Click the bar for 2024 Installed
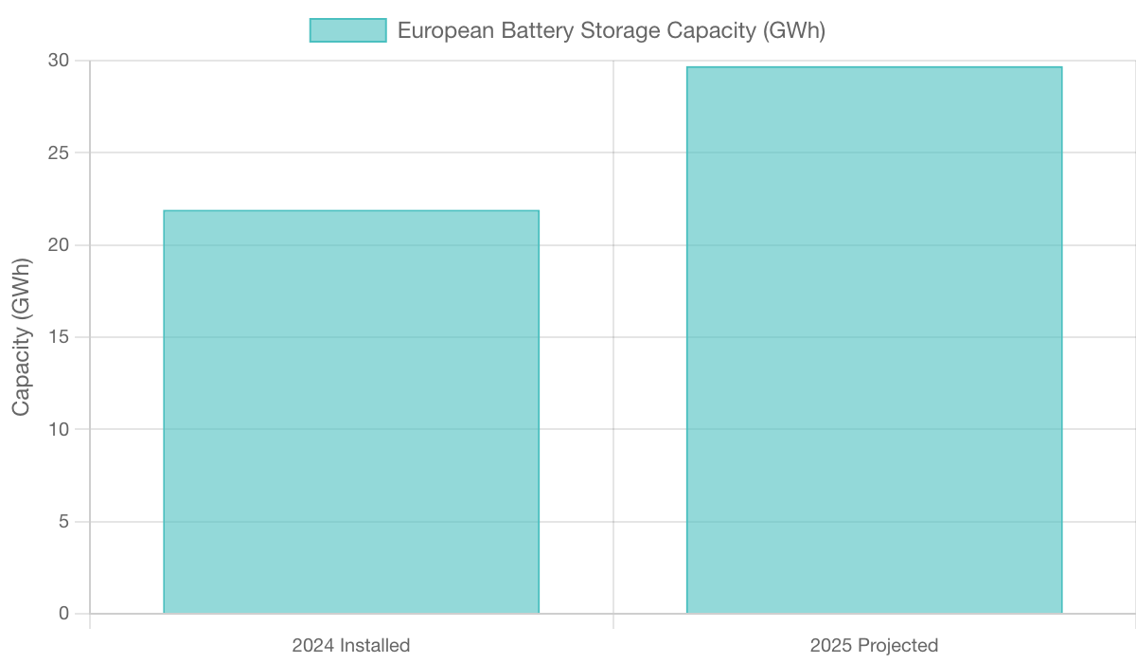coord(351,411)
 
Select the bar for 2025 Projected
coord(874,339)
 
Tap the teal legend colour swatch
coord(347,30)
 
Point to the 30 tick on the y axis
coord(59,61)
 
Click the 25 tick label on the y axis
coord(59,152)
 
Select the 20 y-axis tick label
coord(59,245)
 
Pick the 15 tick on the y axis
coord(59,337)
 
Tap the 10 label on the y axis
coord(59,429)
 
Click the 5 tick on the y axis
coord(63,522)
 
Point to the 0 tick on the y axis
coord(63,614)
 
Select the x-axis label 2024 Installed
coord(351,646)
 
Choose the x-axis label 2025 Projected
coord(874,646)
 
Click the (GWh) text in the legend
coord(793,30)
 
